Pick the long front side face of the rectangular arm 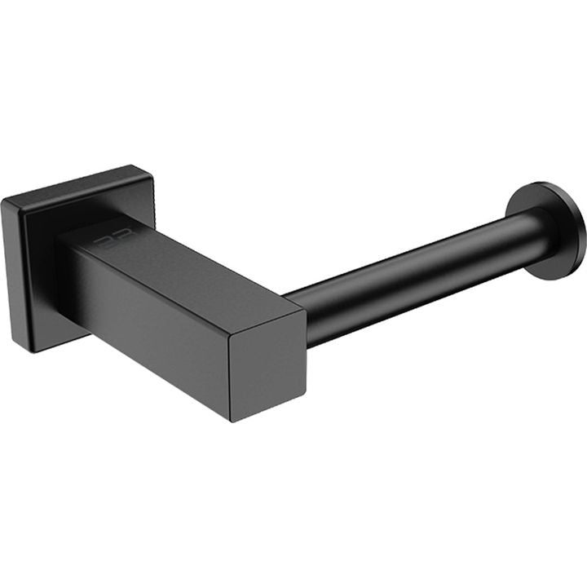pos(147,326)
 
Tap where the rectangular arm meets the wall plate pos(65,269)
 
